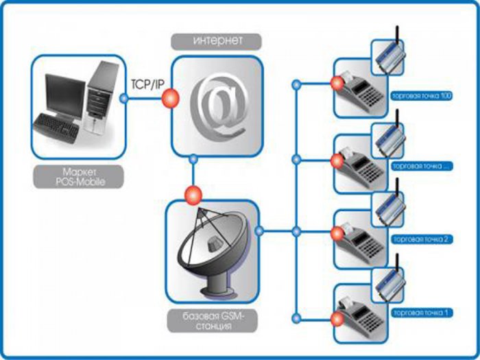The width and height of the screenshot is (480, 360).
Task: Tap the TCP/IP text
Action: click(146, 83)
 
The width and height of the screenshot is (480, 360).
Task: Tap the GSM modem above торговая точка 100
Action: click(389, 55)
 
